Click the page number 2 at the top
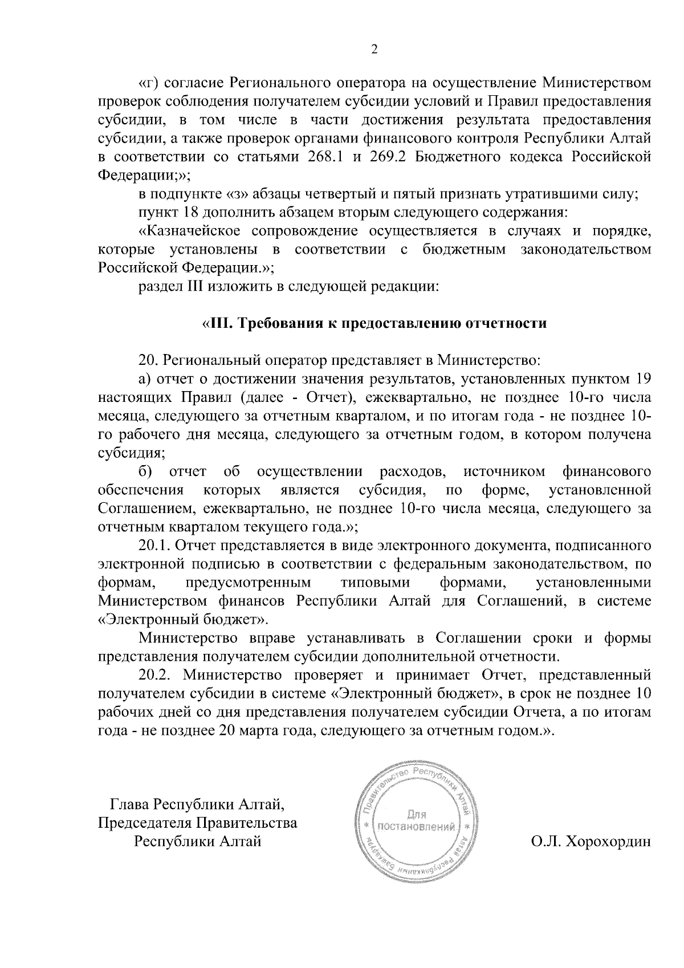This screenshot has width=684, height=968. click(x=374, y=50)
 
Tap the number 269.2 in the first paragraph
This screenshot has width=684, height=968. click(x=387, y=157)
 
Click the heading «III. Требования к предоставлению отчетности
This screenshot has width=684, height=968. click(x=374, y=323)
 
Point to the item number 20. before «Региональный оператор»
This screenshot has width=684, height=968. click(x=150, y=360)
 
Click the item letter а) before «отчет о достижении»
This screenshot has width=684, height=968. click(x=146, y=379)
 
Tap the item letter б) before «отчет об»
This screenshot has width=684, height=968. click(x=146, y=471)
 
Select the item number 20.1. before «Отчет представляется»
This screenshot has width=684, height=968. click(x=155, y=546)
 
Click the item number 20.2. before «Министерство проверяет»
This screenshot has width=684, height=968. click(x=156, y=676)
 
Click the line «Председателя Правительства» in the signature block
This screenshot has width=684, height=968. click(x=198, y=823)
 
